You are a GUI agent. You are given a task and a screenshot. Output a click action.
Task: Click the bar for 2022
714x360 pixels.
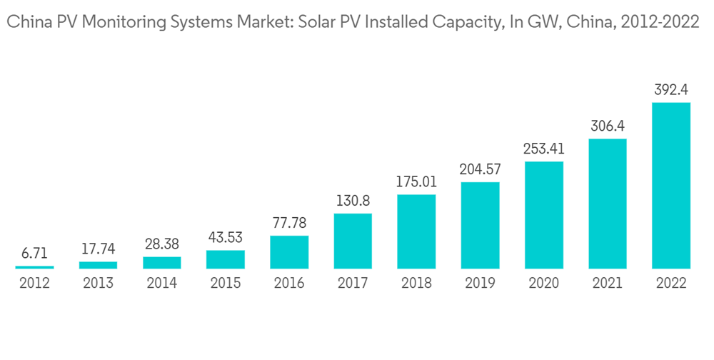(671, 186)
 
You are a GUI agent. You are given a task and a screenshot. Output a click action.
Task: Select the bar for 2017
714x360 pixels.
(353, 241)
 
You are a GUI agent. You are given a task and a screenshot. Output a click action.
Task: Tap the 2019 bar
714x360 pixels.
(480, 225)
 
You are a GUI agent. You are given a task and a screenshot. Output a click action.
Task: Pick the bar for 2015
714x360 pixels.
(226, 259)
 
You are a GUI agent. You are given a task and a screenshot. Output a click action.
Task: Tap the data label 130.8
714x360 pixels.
(353, 201)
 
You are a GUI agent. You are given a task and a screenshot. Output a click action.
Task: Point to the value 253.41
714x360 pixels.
(544, 149)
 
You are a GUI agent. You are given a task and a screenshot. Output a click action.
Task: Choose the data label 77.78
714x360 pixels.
(289, 224)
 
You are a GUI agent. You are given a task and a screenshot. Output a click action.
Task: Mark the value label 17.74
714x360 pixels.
(98, 249)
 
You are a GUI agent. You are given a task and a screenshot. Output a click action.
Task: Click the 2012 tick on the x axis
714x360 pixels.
(34, 284)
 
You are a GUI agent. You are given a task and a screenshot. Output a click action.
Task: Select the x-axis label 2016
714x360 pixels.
(289, 284)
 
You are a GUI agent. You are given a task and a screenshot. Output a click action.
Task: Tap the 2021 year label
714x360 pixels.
(608, 284)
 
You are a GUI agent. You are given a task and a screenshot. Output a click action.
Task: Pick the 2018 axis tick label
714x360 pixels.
(416, 284)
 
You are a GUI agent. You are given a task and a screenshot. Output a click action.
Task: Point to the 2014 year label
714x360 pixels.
(162, 284)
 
